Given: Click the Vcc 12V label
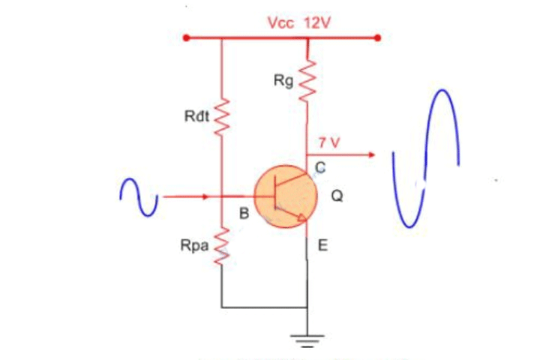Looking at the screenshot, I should pyautogui.click(x=298, y=22).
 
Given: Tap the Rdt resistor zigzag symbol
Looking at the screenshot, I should pyautogui.click(x=222, y=119).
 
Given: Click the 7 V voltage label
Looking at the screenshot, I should pyautogui.click(x=329, y=141).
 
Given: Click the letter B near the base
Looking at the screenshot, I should pyautogui.click(x=243, y=214).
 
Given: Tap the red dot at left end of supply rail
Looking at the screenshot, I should pyautogui.click(x=185, y=37).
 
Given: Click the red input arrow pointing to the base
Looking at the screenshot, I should pyautogui.click(x=187, y=197).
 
